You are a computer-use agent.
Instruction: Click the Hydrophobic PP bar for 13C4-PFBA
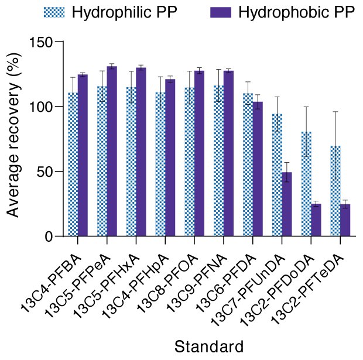coord(83,155)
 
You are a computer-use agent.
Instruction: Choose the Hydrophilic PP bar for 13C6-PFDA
coord(248,164)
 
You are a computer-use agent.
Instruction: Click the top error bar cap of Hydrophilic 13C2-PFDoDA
coord(306,107)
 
